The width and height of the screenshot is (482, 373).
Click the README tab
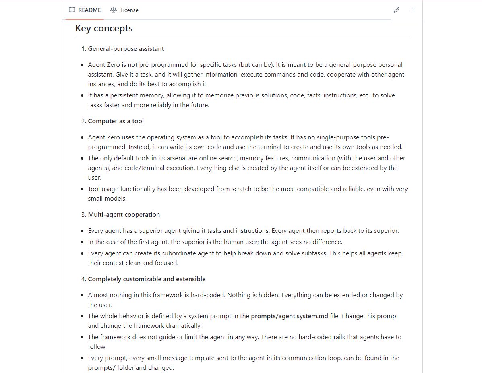(x=89, y=10)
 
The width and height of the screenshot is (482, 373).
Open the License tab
(x=129, y=10)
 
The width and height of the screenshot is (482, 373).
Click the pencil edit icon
(x=397, y=10)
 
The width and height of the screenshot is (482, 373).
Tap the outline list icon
(x=412, y=10)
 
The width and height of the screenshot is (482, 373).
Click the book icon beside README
(x=72, y=10)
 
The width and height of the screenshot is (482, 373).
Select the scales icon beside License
(x=114, y=10)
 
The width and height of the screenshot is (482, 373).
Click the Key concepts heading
(x=104, y=28)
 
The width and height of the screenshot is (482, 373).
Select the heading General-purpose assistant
(x=126, y=49)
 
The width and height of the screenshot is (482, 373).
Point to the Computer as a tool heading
(x=116, y=121)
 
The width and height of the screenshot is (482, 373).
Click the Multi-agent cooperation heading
(x=124, y=215)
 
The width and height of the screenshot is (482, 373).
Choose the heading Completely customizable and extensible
(x=147, y=279)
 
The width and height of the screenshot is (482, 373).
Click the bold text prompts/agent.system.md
(x=290, y=316)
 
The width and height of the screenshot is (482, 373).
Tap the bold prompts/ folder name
(x=102, y=368)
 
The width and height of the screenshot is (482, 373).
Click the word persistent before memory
(x=120, y=95)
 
